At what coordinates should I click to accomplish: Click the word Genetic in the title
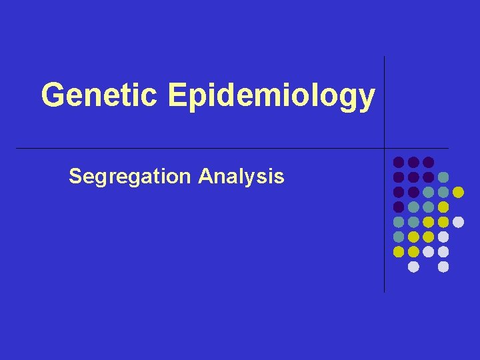tap(99, 95)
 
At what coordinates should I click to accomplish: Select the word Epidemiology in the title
tap(271, 97)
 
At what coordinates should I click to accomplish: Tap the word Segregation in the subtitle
tap(130, 177)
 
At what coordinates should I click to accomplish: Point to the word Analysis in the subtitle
tap(241, 177)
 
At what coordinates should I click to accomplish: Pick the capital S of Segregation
tap(75, 177)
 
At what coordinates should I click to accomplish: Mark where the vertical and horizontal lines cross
tap(384, 147)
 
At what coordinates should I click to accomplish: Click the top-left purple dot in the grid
tap(399, 162)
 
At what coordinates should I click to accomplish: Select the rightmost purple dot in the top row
tap(428, 162)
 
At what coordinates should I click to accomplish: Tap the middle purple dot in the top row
tap(413, 162)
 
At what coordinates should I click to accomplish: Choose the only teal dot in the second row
tap(443, 177)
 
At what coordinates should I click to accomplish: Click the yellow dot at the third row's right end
tap(458, 192)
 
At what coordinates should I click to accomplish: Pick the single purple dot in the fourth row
tap(399, 207)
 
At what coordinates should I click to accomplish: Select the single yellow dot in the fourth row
tap(443, 207)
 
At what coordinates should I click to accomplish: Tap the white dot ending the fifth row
tap(458, 222)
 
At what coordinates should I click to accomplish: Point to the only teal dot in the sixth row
tap(399, 237)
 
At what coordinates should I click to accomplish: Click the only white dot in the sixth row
tap(443, 237)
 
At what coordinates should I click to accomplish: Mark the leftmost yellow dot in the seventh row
tap(399, 251)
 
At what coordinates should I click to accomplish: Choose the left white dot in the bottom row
tap(413, 267)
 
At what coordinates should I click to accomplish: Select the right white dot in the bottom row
tap(443, 267)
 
